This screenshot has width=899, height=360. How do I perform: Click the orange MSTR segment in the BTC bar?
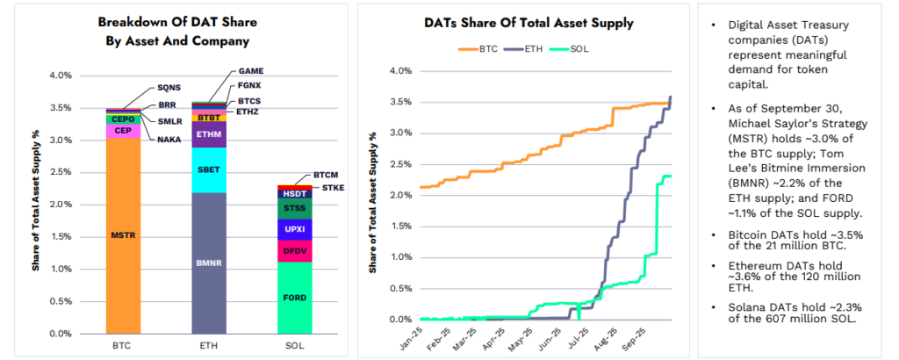123,235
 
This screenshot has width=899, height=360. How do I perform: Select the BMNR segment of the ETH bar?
209,262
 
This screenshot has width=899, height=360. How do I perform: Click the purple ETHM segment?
209,134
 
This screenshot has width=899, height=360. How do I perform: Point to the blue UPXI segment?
294,229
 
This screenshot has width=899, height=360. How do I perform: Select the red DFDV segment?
294,252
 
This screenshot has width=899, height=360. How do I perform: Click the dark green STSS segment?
294,208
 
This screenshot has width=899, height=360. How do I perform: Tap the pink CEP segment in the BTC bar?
123,131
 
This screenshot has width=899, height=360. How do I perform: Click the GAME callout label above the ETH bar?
251,71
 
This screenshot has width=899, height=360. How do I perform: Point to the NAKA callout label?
170,139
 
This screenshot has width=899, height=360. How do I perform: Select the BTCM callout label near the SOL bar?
327,176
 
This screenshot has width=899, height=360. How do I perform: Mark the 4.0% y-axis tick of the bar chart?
60,76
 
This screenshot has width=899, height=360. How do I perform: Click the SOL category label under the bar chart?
294,347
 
